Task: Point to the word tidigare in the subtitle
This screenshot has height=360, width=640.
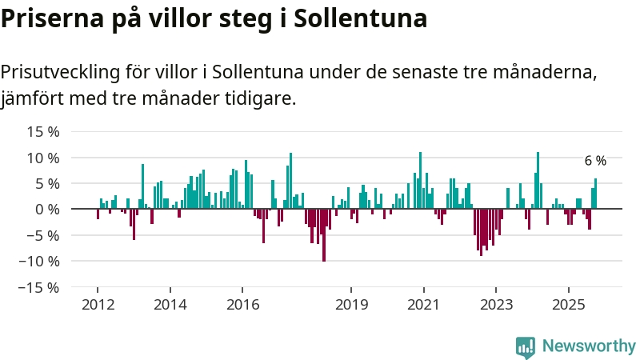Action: click(x=257, y=99)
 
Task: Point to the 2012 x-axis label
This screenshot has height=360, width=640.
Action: click(x=98, y=305)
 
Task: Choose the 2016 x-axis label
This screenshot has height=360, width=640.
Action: click(x=242, y=305)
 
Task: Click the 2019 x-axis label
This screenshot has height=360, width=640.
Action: click(x=351, y=305)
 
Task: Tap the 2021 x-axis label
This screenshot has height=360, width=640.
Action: click(x=423, y=305)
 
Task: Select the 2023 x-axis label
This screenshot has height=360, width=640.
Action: click(x=496, y=305)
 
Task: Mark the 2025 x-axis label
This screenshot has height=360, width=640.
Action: click(x=568, y=305)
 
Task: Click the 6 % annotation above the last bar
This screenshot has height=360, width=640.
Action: click(x=595, y=162)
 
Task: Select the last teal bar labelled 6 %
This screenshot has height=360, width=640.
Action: click(x=595, y=194)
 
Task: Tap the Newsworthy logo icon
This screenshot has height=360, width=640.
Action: click(x=526, y=346)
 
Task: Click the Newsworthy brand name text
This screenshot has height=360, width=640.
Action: click(x=589, y=346)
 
